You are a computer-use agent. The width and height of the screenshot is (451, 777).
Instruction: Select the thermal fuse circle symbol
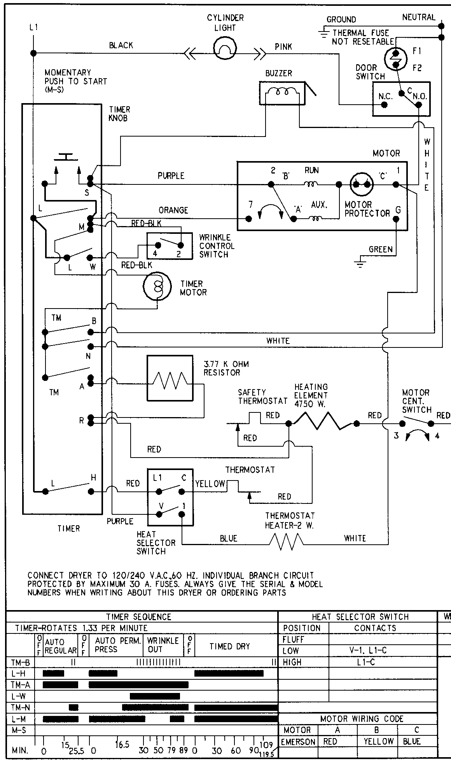pyautogui.click(x=395, y=58)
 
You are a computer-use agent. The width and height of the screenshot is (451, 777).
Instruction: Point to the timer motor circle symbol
pyautogui.click(x=157, y=286)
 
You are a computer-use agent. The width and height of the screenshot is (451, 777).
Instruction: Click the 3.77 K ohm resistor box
pyautogui.click(x=170, y=378)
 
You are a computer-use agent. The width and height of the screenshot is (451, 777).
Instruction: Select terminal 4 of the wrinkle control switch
pyautogui.click(x=158, y=245)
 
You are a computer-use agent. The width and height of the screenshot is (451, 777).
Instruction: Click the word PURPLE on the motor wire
pyautogui.click(x=171, y=176)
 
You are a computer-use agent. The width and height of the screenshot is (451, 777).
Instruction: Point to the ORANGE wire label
pyautogui.click(x=173, y=210)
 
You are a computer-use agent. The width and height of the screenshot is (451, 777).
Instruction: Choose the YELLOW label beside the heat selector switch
pyautogui.click(x=210, y=484)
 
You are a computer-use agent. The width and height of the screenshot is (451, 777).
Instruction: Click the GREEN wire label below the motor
pyautogui.click(x=380, y=249)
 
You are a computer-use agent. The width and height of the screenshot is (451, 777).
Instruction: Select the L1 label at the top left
pyautogui.click(x=34, y=28)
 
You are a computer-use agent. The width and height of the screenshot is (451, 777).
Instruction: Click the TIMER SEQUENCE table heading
pyautogui.click(x=139, y=617)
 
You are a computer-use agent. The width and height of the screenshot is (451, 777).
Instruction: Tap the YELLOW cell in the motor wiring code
pyautogui.click(x=378, y=742)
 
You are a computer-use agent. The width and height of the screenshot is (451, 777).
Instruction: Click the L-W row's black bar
pyautogui.click(x=155, y=696)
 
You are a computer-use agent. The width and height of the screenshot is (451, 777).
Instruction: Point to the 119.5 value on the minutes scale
pyautogui.click(x=267, y=754)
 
